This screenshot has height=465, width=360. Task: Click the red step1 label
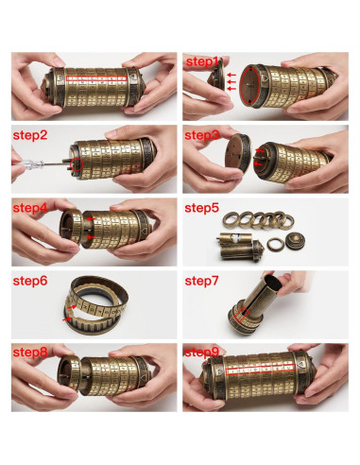click(x=202, y=62)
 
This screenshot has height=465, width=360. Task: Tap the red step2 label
click(x=30, y=135)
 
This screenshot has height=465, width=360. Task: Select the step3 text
click(x=201, y=135)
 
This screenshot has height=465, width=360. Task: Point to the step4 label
click(x=30, y=208)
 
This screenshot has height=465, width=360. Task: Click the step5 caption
click(x=201, y=208)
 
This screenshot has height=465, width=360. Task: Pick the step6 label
click(x=30, y=281)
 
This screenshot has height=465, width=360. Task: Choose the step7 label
click(x=201, y=281)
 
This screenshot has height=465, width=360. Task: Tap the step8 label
click(x=30, y=353)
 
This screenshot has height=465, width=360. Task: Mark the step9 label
click(x=201, y=353)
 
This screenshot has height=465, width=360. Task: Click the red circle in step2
click(x=77, y=164)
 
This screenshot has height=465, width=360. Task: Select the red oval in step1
click(x=250, y=85)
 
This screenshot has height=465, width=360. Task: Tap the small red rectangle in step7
click(x=242, y=315)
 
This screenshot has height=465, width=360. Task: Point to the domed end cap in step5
click(x=294, y=242)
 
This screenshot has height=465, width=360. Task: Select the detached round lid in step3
click(x=237, y=153)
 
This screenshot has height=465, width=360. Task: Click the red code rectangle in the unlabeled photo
click(x=97, y=78)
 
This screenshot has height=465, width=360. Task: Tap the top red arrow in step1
click(x=231, y=75)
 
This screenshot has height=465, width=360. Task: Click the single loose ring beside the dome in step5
click(x=275, y=243)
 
